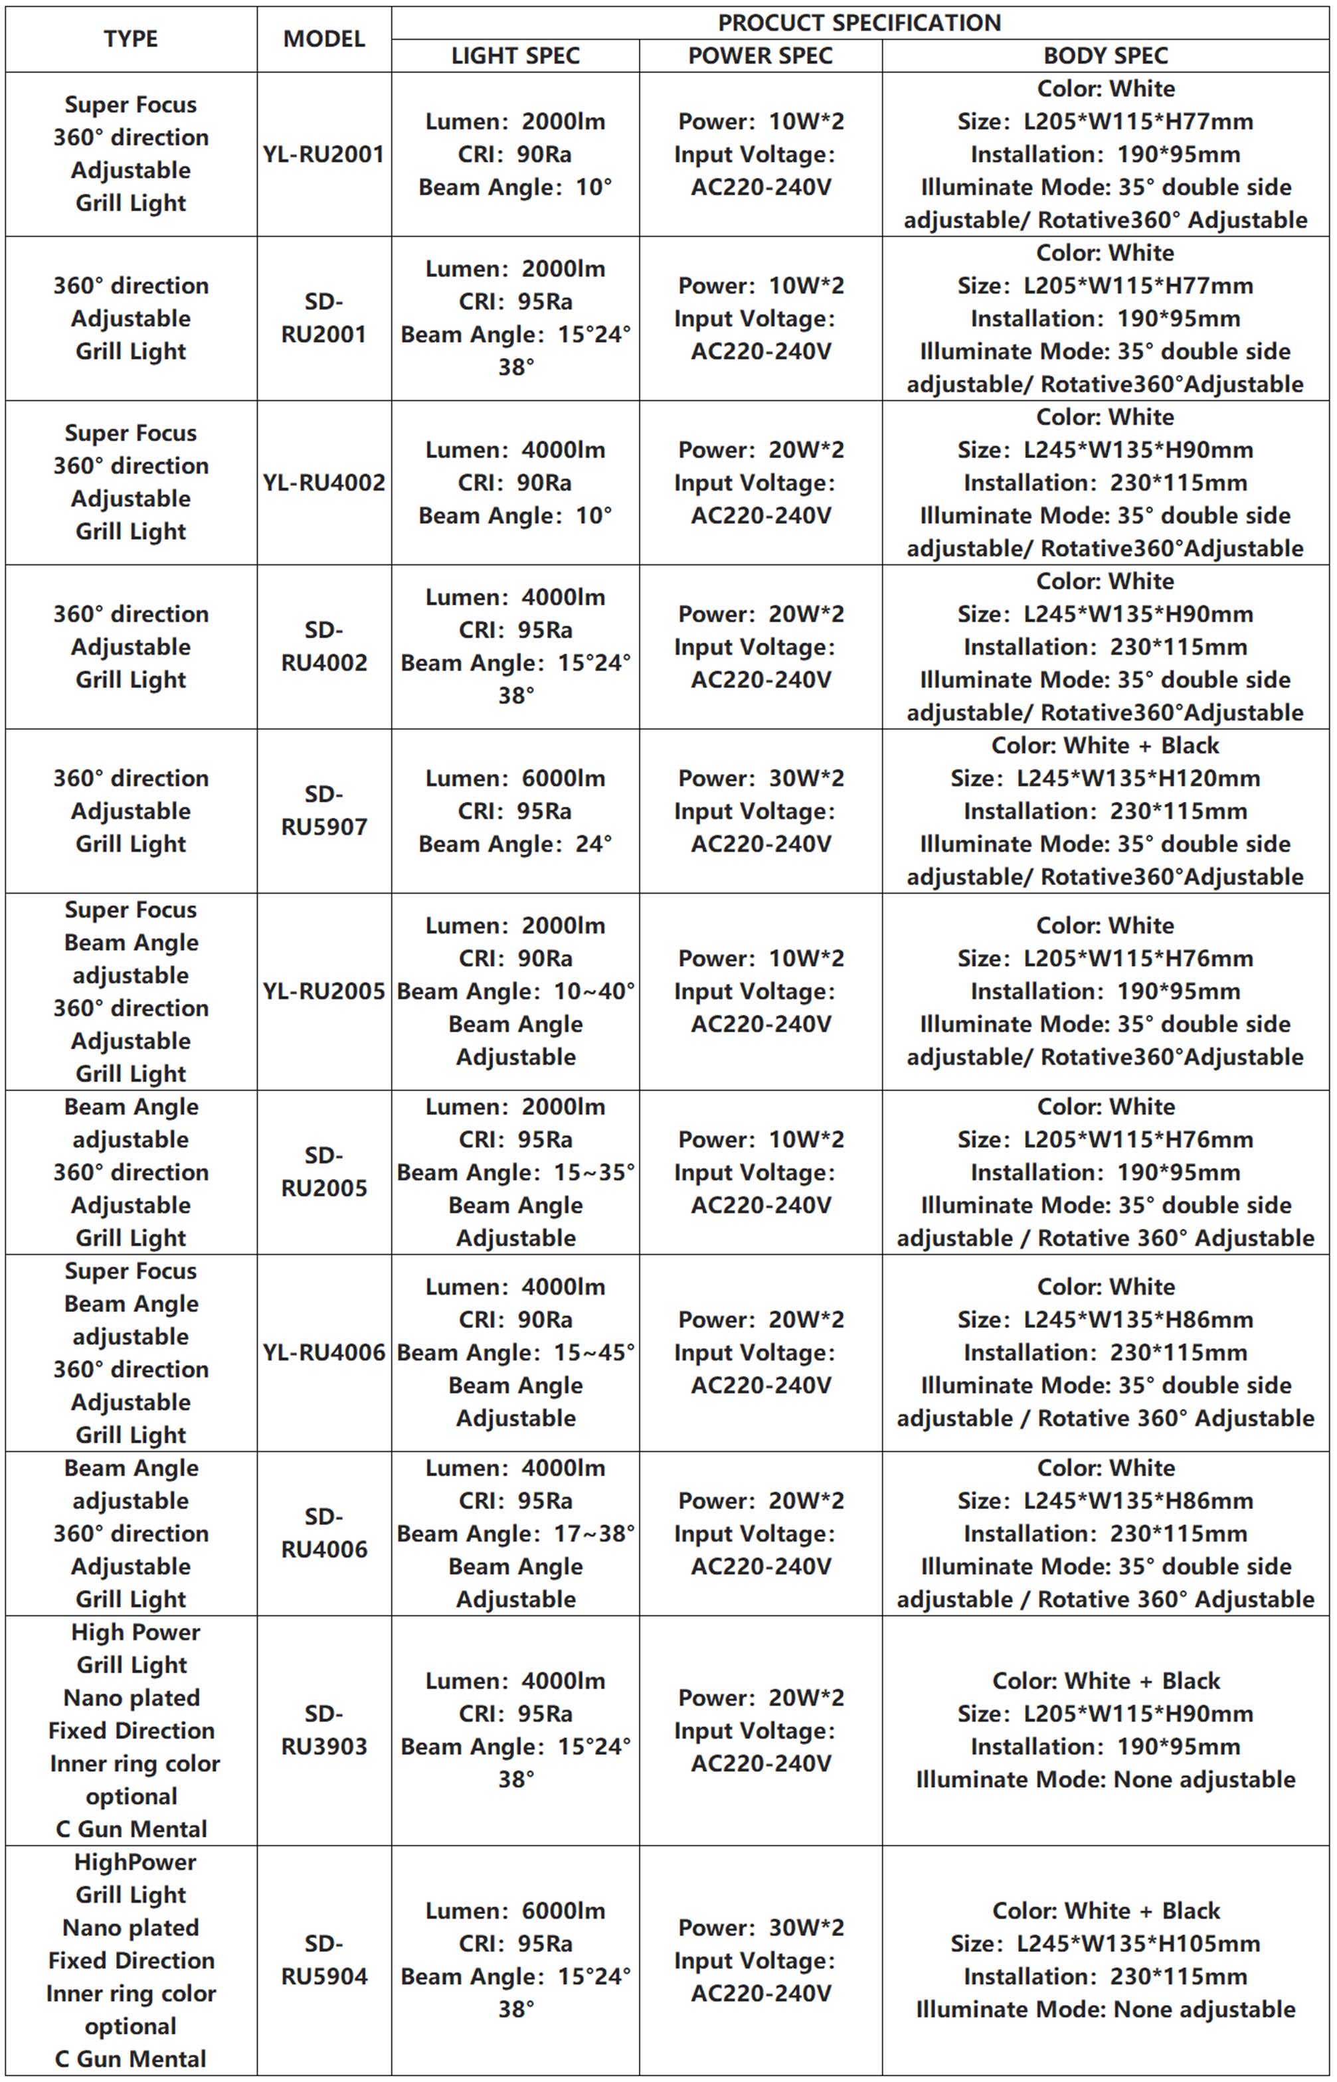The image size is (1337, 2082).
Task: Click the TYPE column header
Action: (130, 39)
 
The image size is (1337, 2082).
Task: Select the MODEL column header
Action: (324, 39)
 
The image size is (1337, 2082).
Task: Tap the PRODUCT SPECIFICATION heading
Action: (859, 23)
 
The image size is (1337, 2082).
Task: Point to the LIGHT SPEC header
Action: (515, 56)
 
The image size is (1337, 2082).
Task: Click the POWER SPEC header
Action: (760, 56)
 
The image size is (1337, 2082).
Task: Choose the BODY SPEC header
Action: (1105, 56)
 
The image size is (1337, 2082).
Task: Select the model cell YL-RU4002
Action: (324, 483)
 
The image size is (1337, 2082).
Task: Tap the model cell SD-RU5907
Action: (324, 811)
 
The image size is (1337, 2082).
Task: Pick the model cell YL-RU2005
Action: (324, 991)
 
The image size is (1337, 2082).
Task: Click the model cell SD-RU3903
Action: (324, 1729)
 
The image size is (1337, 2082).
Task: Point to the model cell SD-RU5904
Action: (324, 1960)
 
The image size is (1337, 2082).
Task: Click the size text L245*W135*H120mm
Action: (1137, 779)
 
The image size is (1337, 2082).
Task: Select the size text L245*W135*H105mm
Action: (1137, 1944)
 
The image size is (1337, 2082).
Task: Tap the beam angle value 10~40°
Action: (594, 991)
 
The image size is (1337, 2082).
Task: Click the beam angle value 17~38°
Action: (594, 1534)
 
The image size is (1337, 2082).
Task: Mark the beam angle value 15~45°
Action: (594, 1352)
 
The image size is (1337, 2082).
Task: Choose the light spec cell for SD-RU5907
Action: (515, 811)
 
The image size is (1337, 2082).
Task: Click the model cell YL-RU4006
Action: (324, 1352)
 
